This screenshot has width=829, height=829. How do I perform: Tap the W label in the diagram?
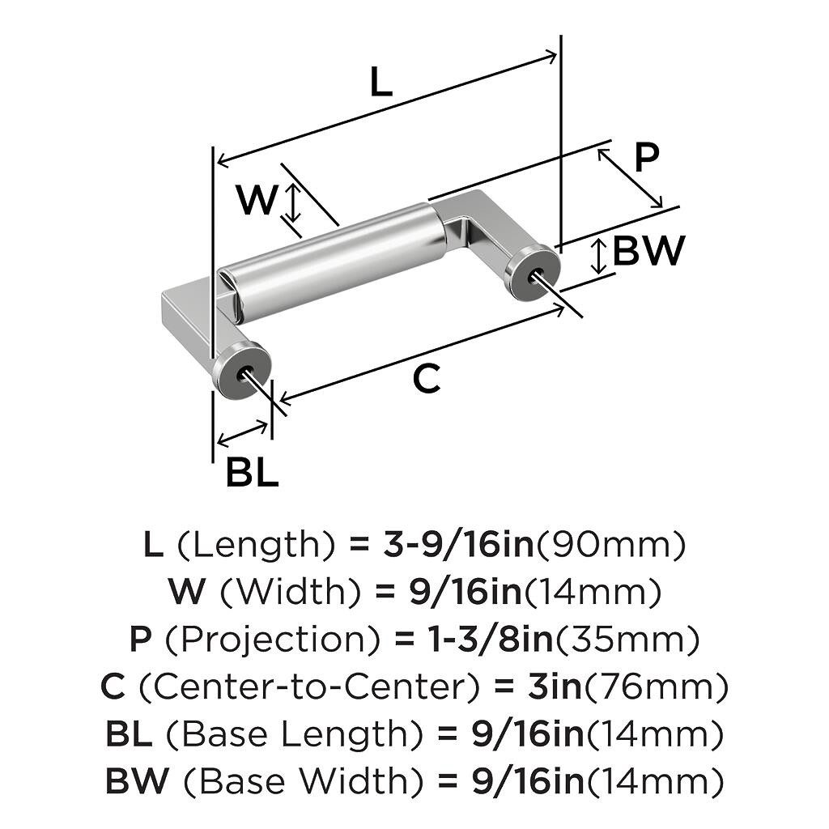pos(257,200)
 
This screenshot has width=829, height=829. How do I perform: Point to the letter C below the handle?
pos(426,378)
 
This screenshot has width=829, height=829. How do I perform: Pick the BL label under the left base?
pos(252,472)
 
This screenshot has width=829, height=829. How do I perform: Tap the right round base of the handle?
pos(532,270)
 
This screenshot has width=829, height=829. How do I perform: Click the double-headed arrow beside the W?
pos(294,202)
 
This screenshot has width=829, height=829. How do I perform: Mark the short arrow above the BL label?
pos(244,433)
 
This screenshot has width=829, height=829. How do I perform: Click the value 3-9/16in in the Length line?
pos(457,545)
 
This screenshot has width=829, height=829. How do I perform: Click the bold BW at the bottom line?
pos(138,781)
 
